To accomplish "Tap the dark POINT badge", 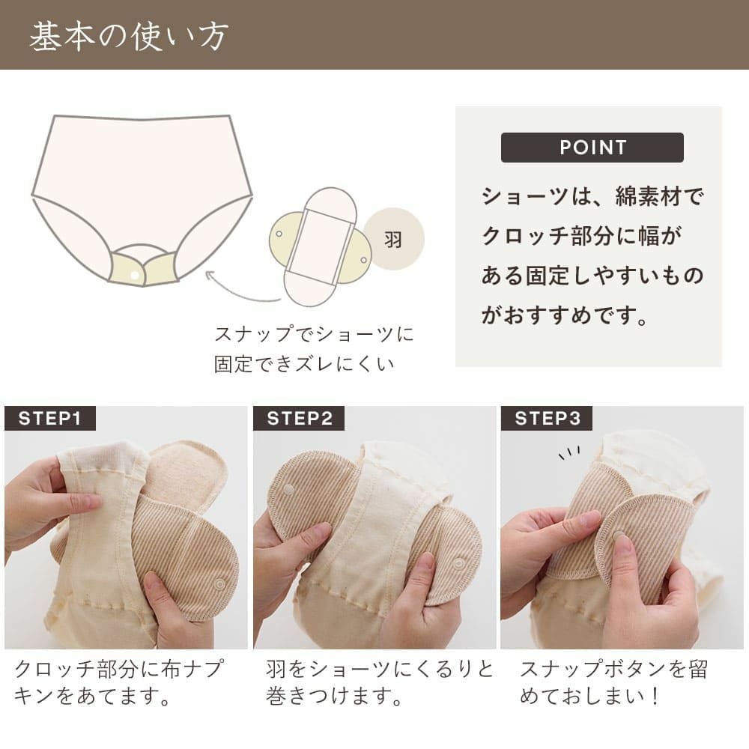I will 592,148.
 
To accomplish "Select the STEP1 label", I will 50,419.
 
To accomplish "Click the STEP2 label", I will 299,419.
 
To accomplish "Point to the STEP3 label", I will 547,419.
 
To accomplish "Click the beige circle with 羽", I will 393,239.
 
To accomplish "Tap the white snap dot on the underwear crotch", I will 135,276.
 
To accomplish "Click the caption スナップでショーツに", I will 314,333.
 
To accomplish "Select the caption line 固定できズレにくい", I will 304,365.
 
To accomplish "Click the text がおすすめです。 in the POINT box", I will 565,315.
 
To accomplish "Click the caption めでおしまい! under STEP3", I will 590,698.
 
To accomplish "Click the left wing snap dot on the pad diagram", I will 279,234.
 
